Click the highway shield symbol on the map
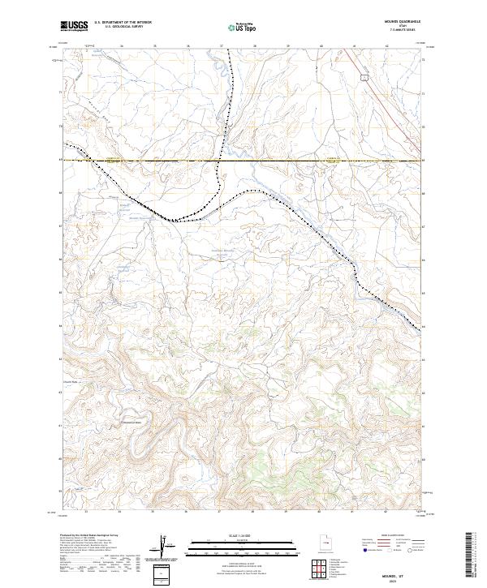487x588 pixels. [364, 78]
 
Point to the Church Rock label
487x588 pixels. [69, 383]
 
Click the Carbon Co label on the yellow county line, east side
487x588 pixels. [331, 159]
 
